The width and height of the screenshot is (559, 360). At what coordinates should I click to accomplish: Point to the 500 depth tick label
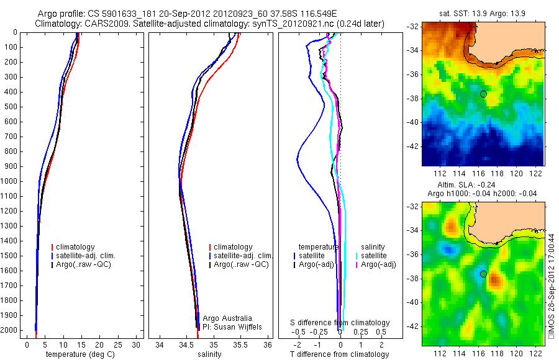[11, 107]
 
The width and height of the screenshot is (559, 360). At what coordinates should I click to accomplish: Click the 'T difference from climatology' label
[340, 354]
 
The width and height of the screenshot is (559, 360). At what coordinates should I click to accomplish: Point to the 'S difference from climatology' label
[340, 323]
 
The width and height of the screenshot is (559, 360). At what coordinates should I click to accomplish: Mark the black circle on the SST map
[483, 94]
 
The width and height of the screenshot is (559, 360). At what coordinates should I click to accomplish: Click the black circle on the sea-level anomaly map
[483, 274]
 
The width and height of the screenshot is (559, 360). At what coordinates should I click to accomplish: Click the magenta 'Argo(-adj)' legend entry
[381, 265]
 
